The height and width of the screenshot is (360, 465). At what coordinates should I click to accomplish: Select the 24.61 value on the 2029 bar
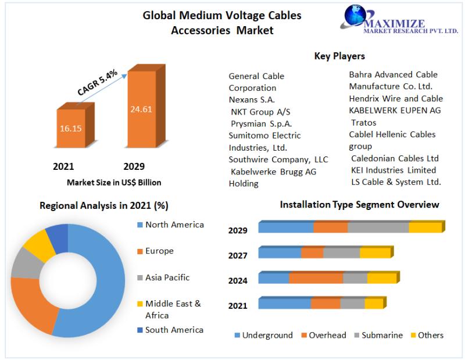point(141,109)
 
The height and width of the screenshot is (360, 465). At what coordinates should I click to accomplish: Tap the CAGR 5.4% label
point(97,82)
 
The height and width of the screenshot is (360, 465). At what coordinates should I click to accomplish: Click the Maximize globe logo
point(357,19)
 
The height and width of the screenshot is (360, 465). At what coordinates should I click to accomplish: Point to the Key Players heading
point(339,56)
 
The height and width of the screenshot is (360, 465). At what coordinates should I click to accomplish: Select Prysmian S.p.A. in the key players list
point(262,123)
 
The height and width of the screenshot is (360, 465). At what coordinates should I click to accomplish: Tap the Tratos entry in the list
point(363,123)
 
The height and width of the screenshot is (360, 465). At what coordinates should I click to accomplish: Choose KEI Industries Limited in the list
point(393,170)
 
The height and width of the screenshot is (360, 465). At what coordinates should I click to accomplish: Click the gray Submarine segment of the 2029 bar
point(378,227)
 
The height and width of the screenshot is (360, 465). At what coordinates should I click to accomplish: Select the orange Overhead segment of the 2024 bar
point(316,278)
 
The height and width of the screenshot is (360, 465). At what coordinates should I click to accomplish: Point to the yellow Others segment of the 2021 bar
point(374,304)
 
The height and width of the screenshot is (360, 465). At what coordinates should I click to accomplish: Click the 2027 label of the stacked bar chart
point(238,255)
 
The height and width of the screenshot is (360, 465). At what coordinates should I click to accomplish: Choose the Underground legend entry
point(263,335)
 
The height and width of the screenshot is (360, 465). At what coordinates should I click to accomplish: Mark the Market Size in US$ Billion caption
point(114,183)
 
